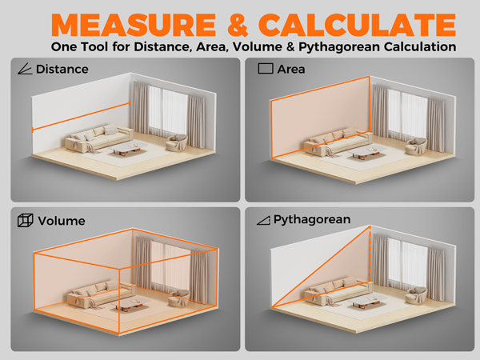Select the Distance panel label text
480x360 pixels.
click(62, 70)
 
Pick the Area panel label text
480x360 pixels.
click(290, 70)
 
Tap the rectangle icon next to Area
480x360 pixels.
click(264, 70)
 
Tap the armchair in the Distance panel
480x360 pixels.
click(176, 142)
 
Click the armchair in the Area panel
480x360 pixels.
click(415, 144)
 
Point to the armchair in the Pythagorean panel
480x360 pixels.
click(415, 295)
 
